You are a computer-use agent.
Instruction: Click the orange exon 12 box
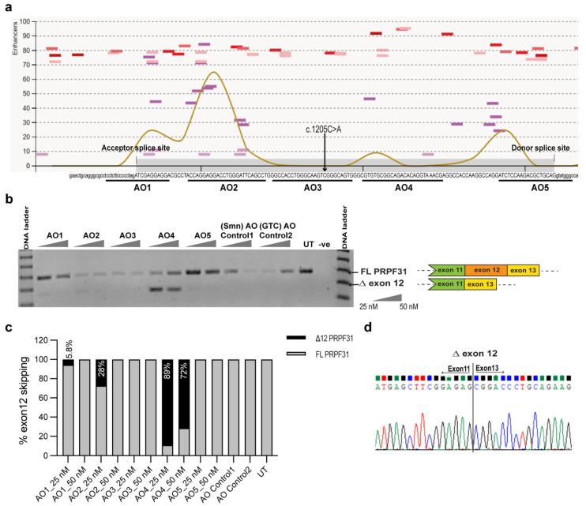point(486,271)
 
